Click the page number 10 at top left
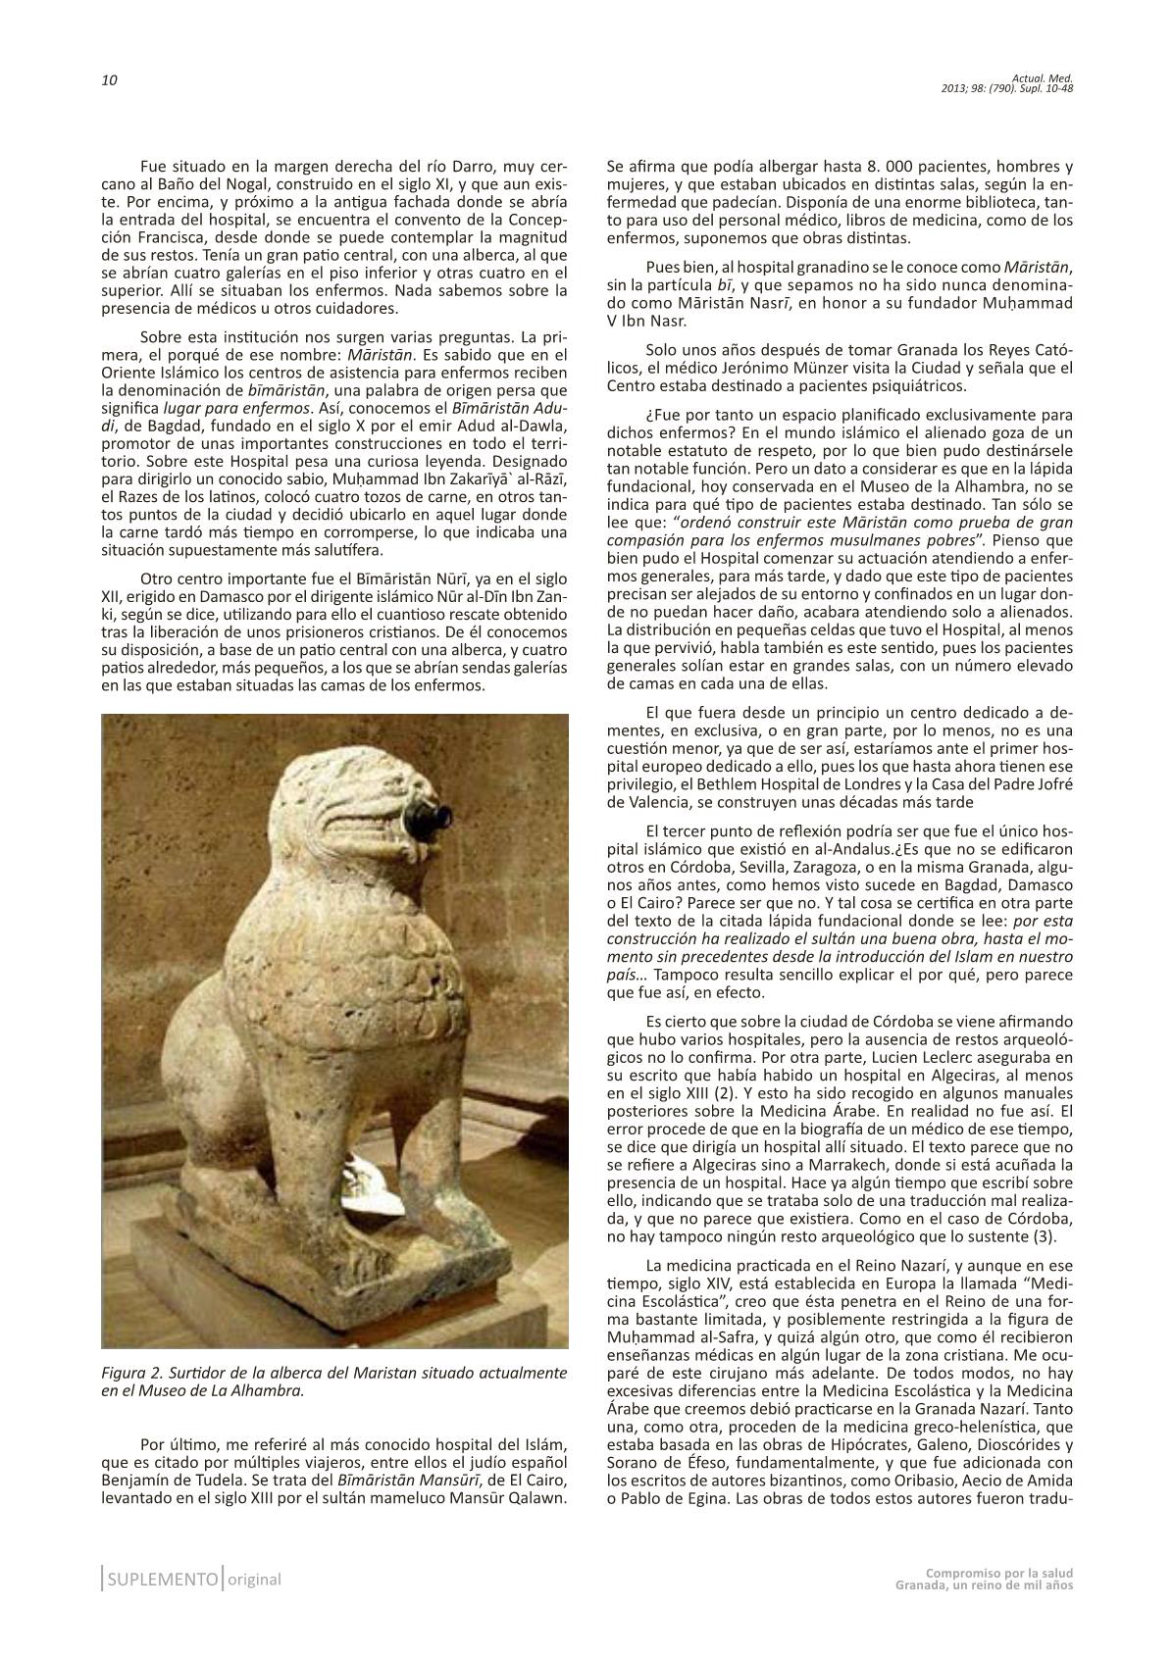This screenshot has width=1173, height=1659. [109, 80]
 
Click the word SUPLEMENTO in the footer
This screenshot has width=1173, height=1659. [162, 1580]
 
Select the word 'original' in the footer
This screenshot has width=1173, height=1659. [254, 1580]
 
